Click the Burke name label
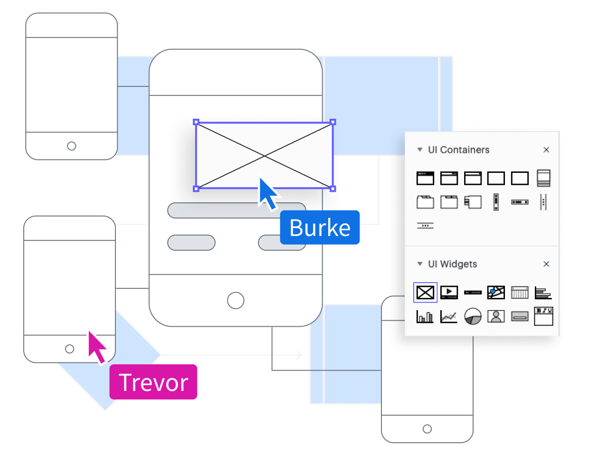click(x=320, y=228)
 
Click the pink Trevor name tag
click(x=153, y=382)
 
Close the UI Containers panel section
click(x=546, y=150)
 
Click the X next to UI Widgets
click(x=546, y=264)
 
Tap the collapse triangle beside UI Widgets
click(x=419, y=264)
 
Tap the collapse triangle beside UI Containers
click(x=419, y=150)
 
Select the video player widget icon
click(x=449, y=292)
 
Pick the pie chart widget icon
click(x=473, y=316)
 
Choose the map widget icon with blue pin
click(x=496, y=292)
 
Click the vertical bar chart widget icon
click(x=425, y=316)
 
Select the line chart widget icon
click(x=449, y=316)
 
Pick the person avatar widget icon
click(x=496, y=316)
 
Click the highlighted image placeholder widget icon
click(x=425, y=292)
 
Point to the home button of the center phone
click(x=236, y=300)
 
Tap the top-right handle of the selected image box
click(x=333, y=122)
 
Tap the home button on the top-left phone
click(x=72, y=146)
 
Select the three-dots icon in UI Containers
click(x=425, y=226)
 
